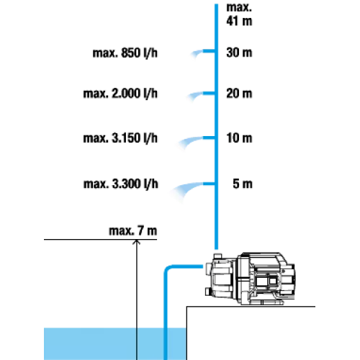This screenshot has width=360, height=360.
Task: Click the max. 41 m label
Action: [x=239, y=14]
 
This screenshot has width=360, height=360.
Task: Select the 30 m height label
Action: [x=239, y=53]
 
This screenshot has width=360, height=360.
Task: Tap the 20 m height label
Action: [x=239, y=94]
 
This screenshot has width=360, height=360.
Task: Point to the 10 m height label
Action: [x=239, y=138]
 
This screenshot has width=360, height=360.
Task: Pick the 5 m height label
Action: [x=243, y=184]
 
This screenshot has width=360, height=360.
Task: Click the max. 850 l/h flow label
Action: [x=125, y=53]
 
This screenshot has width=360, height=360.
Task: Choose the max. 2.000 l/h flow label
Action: [x=120, y=94]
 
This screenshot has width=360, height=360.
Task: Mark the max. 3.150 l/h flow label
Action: [x=120, y=138]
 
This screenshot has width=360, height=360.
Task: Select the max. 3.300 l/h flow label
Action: [x=121, y=184]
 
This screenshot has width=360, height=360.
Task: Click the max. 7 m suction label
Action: [x=132, y=230]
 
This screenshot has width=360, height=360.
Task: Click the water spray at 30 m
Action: [x=197, y=53]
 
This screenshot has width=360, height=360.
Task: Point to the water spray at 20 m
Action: [x=195, y=96]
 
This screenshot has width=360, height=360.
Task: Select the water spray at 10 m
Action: [x=190, y=142]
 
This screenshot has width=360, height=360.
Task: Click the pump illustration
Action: [x=250, y=279]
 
